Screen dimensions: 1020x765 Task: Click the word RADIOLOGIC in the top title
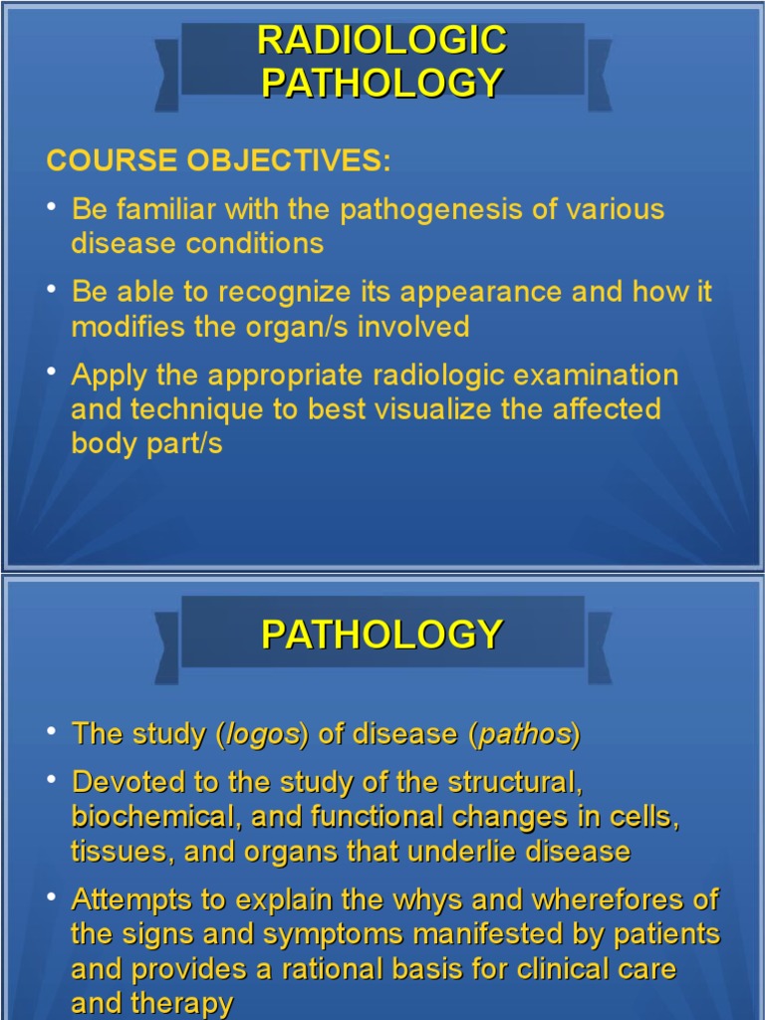pos(382,41)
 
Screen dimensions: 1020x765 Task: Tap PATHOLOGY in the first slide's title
pos(382,83)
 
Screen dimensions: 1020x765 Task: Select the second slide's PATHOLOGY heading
pos(382,635)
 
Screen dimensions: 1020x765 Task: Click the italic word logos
pos(263,735)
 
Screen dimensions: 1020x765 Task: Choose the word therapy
pos(186,1003)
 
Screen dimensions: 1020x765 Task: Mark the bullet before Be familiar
pos(52,206)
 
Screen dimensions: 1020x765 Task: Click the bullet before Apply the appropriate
pos(52,372)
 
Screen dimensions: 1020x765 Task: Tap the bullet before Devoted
pos(52,779)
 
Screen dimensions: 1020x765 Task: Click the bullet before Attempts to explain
pos(52,896)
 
